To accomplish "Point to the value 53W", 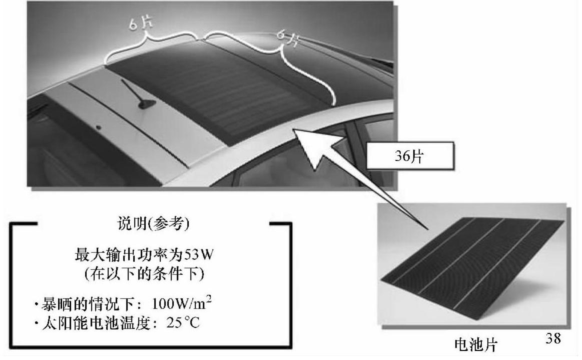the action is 201,256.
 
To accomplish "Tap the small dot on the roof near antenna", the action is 99,128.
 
